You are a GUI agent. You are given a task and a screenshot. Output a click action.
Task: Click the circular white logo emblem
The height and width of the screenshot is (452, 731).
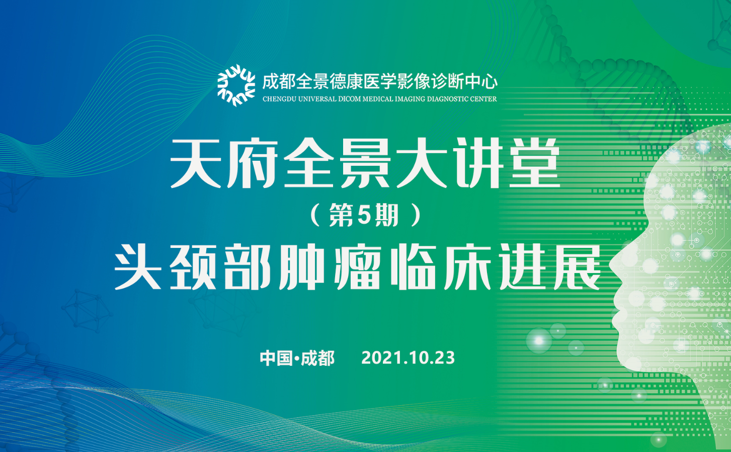click(x=236, y=85)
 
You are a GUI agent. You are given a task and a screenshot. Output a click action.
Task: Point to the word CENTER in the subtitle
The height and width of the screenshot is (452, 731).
click(x=483, y=99)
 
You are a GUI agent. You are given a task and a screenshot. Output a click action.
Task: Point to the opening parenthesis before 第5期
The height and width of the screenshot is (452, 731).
click(x=315, y=216)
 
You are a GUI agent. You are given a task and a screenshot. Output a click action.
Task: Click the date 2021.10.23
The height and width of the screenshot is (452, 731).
click(x=408, y=358)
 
